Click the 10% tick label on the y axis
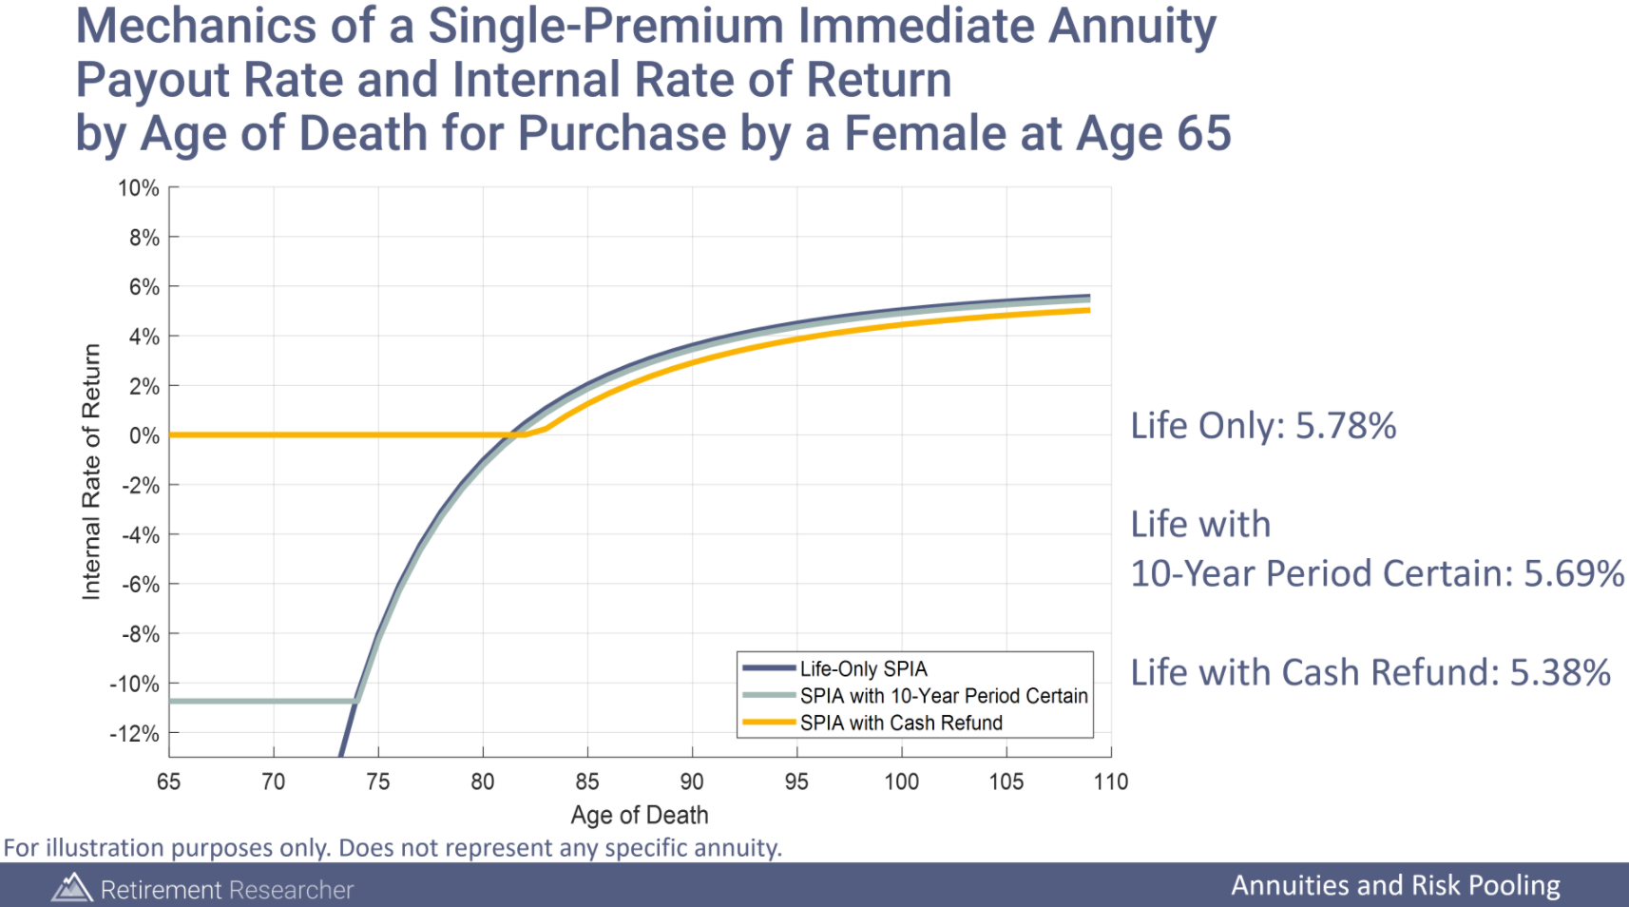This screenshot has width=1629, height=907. click(x=138, y=188)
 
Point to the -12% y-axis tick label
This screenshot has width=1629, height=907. click(x=134, y=734)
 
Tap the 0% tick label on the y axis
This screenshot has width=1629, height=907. click(x=144, y=436)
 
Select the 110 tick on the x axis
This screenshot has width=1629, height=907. click(x=1110, y=782)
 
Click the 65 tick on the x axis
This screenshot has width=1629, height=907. click(x=168, y=782)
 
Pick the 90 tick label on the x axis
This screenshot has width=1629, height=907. click(x=691, y=782)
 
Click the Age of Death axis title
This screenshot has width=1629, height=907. click(x=639, y=816)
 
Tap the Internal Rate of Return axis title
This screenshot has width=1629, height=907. click(x=91, y=472)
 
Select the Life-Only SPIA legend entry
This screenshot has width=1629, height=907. click(x=863, y=669)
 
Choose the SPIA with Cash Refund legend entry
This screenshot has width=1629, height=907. click(x=900, y=724)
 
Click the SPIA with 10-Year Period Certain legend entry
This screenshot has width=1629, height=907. click(x=943, y=696)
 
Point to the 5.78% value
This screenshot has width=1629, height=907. click(x=1346, y=426)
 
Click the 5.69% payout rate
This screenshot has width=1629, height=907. click(x=1574, y=574)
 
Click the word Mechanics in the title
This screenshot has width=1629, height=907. click(x=195, y=26)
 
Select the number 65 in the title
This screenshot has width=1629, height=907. click(x=1203, y=133)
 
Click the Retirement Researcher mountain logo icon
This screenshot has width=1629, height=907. click(x=71, y=888)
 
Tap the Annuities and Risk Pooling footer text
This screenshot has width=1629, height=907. click(x=1395, y=886)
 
